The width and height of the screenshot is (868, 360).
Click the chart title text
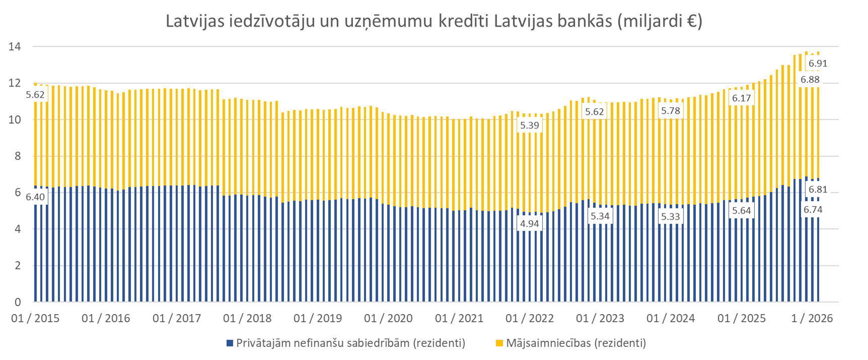(433, 21)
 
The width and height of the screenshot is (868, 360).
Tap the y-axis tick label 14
(15, 47)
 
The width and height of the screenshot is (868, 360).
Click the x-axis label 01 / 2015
(35, 318)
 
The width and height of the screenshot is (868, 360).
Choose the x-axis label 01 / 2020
(388, 318)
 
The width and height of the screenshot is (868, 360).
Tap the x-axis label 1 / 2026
(812, 318)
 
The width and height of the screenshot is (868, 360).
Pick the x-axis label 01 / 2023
(600, 318)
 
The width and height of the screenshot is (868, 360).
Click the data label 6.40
(35, 197)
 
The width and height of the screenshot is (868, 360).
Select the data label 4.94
(530, 224)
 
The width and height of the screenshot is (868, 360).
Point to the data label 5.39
(530, 125)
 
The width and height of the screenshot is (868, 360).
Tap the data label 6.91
(818, 63)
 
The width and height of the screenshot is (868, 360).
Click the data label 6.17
(742, 98)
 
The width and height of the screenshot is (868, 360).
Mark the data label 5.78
(671, 111)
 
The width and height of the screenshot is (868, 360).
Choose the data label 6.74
(813, 210)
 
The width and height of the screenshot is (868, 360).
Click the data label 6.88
(810, 80)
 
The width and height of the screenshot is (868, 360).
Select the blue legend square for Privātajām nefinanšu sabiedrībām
(230, 343)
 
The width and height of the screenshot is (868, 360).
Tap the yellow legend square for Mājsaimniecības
(499, 343)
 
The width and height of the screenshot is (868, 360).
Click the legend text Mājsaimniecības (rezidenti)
(576, 343)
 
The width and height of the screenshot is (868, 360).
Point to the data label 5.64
(742, 210)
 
